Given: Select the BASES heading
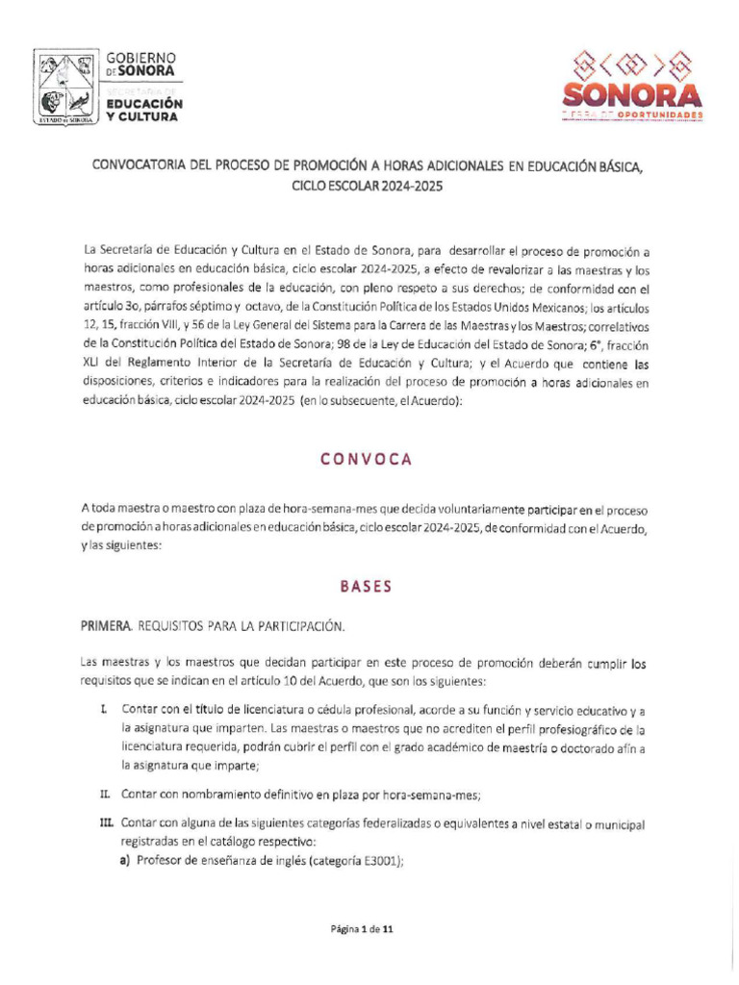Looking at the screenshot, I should pyautogui.click(x=366, y=587).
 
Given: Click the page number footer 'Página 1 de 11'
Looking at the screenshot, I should pyautogui.click(x=363, y=929).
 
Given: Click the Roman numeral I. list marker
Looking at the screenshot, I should pyautogui.click(x=104, y=710).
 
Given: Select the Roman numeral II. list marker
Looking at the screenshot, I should pyautogui.click(x=105, y=795).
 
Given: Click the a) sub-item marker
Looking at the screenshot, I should pyautogui.click(x=125, y=862).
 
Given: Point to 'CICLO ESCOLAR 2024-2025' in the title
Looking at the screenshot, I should pyautogui.click(x=368, y=186).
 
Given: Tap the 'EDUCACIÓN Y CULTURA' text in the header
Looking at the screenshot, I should pyautogui.click(x=143, y=109).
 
